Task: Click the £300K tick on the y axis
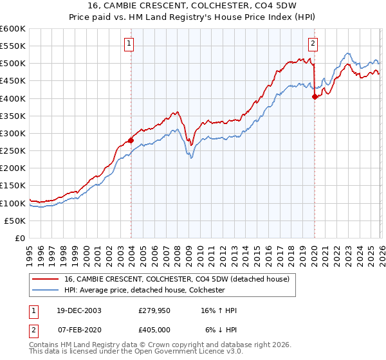(x=13, y=133)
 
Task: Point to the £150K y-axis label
(x=13, y=186)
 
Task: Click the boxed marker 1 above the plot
(x=130, y=44)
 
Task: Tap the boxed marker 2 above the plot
(x=313, y=44)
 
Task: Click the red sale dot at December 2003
(x=131, y=140)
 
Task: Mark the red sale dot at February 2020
(x=315, y=97)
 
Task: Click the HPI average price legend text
(x=143, y=290)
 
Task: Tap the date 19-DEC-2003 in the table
(x=78, y=310)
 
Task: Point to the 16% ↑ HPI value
(x=219, y=310)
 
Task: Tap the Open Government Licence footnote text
(x=136, y=352)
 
